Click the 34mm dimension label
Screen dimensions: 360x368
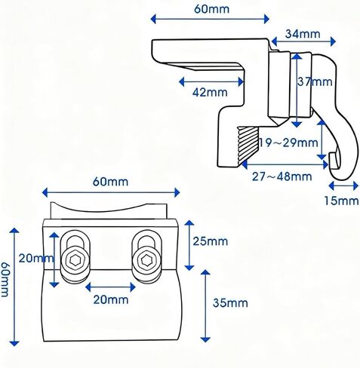[x=303, y=34]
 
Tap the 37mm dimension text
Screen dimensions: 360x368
[x=315, y=81]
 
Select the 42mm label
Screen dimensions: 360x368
[x=210, y=92]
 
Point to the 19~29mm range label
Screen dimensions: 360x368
[x=288, y=143]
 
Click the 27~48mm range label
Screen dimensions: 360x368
[x=282, y=176]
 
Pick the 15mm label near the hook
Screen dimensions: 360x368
[x=341, y=201]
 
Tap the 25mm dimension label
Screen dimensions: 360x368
[x=211, y=241]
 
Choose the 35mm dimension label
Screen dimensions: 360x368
[x=230, y=302]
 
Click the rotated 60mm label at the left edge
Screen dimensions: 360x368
[x=5, y=280]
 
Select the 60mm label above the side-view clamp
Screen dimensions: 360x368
[x=212, y=9]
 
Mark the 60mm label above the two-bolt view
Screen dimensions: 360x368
[x=110, y=182]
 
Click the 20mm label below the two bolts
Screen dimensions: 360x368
[x=111, y=299]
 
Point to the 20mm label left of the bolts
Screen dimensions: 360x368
[x=36, y=258]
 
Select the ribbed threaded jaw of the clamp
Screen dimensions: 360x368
[x=248, y=146]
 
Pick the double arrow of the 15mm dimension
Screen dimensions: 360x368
[x=343, y=186]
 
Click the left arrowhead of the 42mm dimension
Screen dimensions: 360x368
[x=182, y=82]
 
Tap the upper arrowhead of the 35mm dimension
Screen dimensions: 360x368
[x=205, y=273]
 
